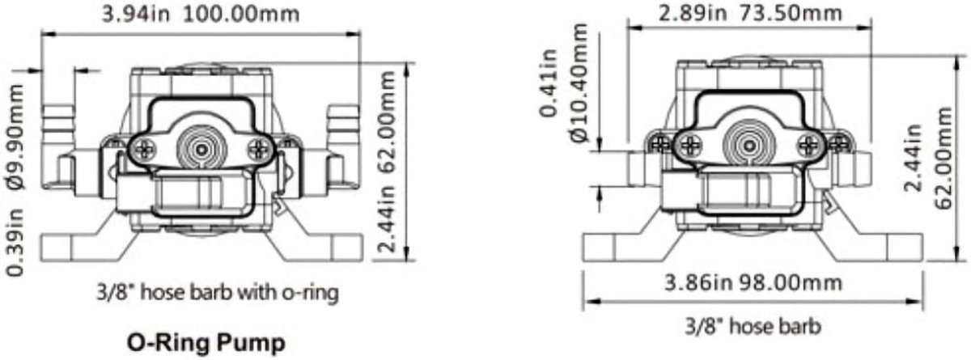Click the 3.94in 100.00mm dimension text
point(201,14)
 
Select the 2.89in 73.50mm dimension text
point(750,13)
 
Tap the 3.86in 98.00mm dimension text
point(753,283)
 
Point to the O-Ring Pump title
point(206,343)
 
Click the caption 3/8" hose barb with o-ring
point(217,292)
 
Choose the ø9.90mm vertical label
point(16,138)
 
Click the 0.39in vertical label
point(15,242)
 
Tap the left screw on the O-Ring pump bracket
point(145,150)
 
